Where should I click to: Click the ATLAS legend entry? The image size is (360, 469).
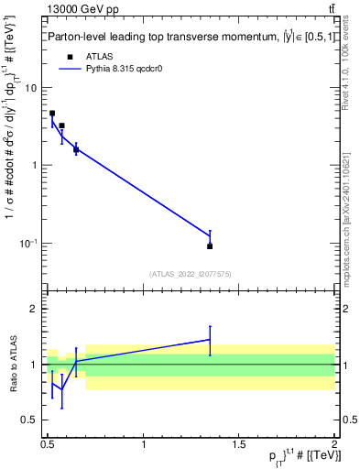click(98, 56)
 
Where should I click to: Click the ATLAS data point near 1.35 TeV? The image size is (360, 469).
click(210, 245)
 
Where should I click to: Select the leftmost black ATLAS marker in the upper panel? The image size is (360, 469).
click(52, 114)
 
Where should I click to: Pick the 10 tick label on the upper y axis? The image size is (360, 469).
click(30, 88)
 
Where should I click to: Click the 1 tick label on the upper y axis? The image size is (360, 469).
click(33, 166)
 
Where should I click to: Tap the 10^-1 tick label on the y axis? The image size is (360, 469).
click(28, 243)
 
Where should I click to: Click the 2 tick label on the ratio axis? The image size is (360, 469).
click(33, 309)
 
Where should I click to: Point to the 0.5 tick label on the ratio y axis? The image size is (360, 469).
click(28, 420)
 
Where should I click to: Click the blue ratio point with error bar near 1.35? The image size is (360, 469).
click(210, 340)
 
